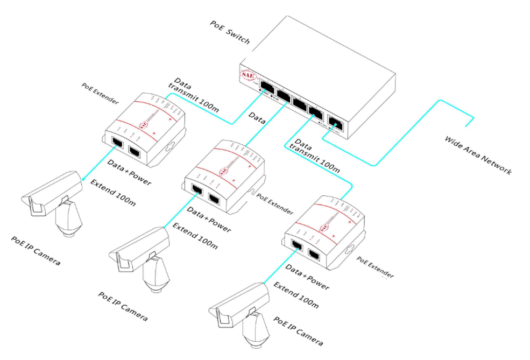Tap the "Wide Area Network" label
477,156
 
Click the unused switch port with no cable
300,102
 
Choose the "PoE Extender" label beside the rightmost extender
375,267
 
